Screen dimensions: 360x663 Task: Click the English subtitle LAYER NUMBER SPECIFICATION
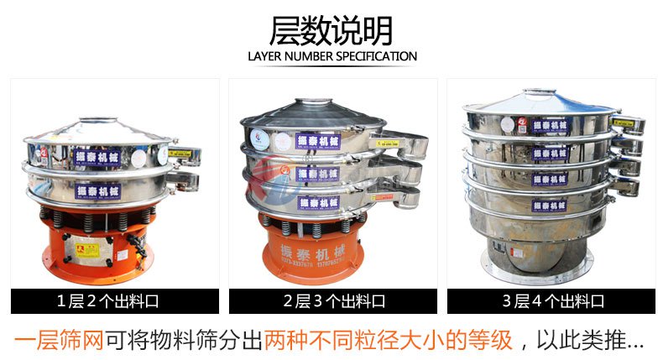pos(332,57)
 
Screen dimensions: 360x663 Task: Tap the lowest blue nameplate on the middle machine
pos(318,201)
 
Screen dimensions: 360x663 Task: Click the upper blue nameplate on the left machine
pos(99,157)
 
